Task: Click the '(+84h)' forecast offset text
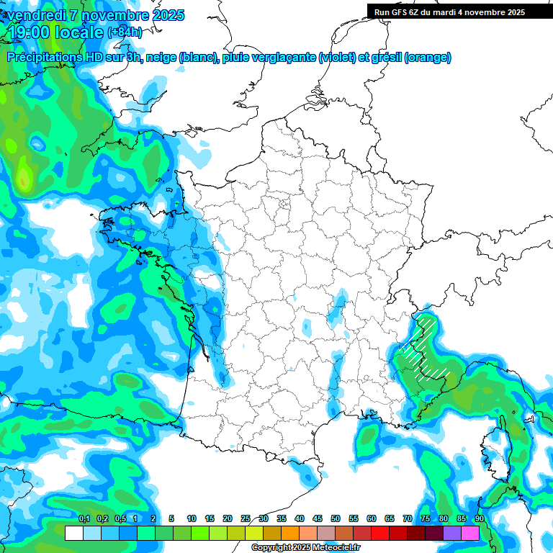125,32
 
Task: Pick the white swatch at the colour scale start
73,533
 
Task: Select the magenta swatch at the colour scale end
470,533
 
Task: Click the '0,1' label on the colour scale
84,519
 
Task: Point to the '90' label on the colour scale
479,519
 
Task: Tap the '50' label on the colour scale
336,519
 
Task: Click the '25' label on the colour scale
246,519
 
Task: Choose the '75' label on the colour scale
426,519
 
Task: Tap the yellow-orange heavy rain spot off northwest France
24,178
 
